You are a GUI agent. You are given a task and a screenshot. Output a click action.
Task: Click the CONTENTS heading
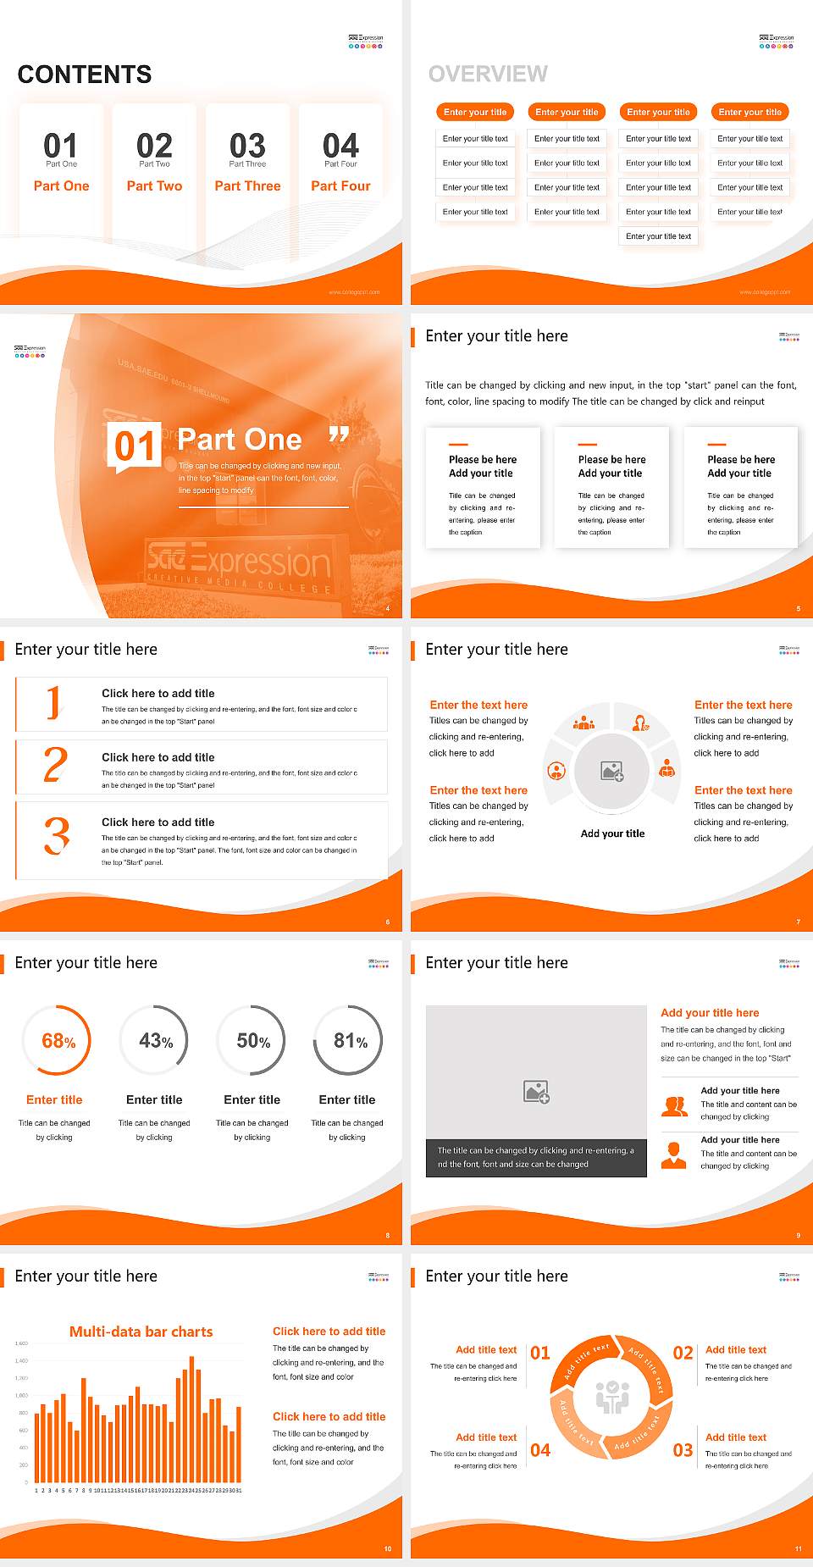pyautogui.click(x=85, y=75)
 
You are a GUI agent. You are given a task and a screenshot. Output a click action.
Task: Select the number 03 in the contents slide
pyautogui.click(x=247, y=146)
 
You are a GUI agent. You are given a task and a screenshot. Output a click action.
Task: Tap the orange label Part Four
pyautogui.click(x=340, y=186)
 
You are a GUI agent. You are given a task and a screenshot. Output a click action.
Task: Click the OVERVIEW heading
pyautogui.click(x=488, y=75)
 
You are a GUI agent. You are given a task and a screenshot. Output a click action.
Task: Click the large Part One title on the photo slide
pyautogui.click(x=240, y=440)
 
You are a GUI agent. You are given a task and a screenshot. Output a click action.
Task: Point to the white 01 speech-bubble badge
pyautogui.click(x=134, y=446)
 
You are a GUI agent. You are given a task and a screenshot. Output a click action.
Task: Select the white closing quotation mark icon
pyautogui.click(x=339, y=435)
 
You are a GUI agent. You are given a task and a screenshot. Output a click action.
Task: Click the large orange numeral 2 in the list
pyautogui.click(x=55, y=765)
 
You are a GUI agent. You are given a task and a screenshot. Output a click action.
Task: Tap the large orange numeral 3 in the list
pyautogui.click(x=57, y=836)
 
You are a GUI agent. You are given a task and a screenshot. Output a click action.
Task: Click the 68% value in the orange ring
pyautogui.click(x=58, y=1041)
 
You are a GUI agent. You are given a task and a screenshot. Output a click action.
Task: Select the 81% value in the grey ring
pyautogui.click(x=350, y=1041)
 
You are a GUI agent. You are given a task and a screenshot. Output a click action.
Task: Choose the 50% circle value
pyautogui.click(x=253, y=1041)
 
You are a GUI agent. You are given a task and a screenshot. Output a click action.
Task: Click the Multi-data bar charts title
pyautogui.click(x=141, y=1332)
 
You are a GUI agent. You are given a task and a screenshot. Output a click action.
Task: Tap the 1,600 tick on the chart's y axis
pyautogui.click(x=21, y=1343)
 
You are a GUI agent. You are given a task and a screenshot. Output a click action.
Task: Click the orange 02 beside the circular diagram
pyautogui.click(x=683, y=1354)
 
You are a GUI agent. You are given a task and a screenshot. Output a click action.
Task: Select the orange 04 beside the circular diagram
pyautogui.click(x=540, y=1450)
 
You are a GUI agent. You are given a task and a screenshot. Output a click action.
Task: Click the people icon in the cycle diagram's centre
pyautogui.click(x=612, y=1398)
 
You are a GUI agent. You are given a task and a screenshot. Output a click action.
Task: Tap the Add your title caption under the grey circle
pyautogui.click(x=612, y=833)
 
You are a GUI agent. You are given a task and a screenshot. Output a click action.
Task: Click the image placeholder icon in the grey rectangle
pyautogui.click(x=536, y=1092)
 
